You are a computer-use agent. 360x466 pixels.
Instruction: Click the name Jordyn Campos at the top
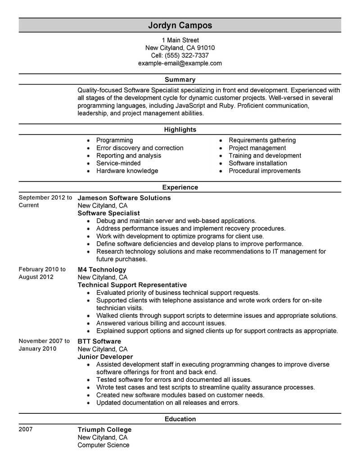pos(180,25)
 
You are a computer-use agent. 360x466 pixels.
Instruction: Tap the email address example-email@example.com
pos(180,63)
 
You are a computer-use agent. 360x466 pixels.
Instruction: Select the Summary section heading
pos(180,80)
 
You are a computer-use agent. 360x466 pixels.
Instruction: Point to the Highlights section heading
pos(180,130)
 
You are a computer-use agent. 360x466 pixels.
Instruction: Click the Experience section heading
pos(180,187)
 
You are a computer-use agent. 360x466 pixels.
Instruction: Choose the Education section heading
pos(180,419)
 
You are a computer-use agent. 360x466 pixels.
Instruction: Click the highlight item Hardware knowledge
pos(127,171)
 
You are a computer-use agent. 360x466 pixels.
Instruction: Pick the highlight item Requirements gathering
pos(262,140)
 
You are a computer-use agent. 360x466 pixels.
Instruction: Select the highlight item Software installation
pos(258,163)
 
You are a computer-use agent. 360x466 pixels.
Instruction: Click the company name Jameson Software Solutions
pos(124,198)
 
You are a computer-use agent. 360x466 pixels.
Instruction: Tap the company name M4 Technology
pos(102,270)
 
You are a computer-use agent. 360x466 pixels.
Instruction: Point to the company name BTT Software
pos(99,341)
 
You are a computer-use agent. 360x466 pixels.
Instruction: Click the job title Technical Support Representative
pos(132,285)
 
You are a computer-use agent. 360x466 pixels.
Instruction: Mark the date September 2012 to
pos(45,198)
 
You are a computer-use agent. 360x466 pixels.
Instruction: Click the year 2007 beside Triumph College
pos(26,430)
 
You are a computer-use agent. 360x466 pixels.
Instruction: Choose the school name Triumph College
pos(104,430)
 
